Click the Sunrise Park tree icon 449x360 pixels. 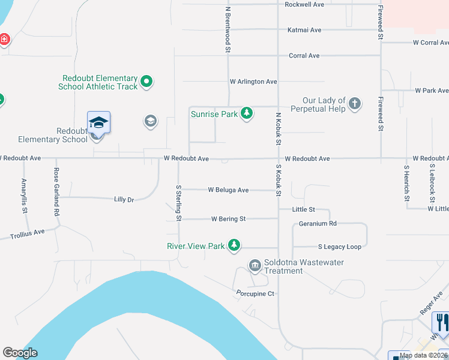pos(246,113)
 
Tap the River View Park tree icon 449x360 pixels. pos(234,245)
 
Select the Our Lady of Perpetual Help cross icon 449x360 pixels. pos(355,104)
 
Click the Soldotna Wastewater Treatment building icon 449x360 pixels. pos(255,265)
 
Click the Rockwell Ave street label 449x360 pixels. pos(304,4)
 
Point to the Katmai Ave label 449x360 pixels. pos(304,29)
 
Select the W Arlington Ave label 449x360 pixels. pos(253,82)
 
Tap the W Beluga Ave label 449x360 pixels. pos(228,190)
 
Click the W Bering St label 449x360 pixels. pos(228,219)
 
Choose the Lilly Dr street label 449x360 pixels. pos(124,199)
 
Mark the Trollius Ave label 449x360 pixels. pos(27,233)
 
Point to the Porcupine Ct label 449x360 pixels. pos(255,293)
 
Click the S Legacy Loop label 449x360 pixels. pos(340,247)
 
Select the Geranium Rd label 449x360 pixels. pos(318,223)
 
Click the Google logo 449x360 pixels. pos(20,353)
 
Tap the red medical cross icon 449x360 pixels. pos(4,40)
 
